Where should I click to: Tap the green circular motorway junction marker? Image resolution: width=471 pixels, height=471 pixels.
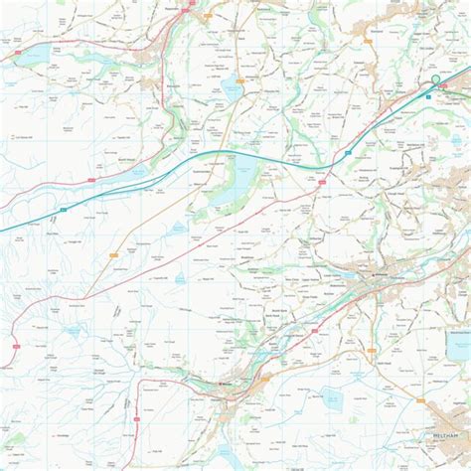coord(434,80)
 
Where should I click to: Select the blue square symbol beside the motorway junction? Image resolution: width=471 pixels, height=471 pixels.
coord(429,97)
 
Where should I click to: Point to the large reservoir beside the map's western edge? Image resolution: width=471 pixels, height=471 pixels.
coord(30,55)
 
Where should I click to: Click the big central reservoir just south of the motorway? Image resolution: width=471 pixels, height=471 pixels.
coord(230,185)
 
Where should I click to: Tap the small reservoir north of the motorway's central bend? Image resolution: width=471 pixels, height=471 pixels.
coord(230,88)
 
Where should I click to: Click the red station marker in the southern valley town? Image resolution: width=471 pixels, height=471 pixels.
coord(225,379)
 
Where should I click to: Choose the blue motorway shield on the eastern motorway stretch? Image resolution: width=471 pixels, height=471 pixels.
coord(348,151)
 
